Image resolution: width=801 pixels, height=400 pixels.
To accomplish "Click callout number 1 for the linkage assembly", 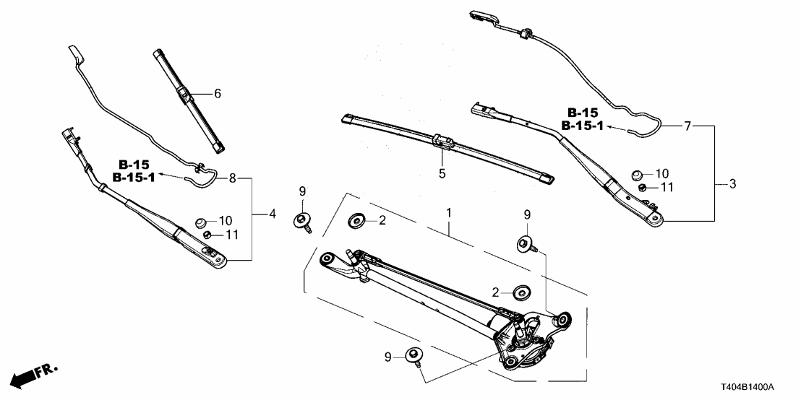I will click(449, 213).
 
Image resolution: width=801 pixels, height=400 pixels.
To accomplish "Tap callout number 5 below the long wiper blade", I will click(442, 173).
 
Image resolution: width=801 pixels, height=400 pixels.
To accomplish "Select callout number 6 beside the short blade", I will click(216, 93).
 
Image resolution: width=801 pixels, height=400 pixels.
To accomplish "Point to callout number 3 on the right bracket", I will click(732, 185).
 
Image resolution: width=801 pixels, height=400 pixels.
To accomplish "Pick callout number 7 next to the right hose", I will click(688, 126).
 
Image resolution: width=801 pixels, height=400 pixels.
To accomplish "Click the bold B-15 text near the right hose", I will click(583, 113).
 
